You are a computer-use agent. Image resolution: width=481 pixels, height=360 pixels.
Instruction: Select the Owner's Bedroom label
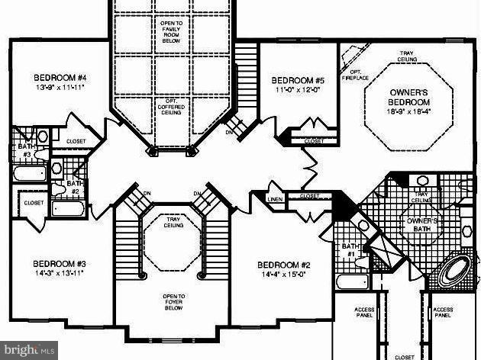click(409, 96)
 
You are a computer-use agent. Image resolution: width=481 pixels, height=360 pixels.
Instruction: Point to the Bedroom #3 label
click(59, 263)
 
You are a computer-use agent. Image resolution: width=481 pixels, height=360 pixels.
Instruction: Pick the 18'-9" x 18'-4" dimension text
click(408, 111)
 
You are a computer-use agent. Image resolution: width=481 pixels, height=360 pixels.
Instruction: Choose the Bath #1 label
click(350, 249)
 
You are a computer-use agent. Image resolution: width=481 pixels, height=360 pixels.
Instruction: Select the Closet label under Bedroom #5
click(314, 141)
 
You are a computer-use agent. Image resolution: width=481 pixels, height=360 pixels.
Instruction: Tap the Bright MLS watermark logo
click(29, 350)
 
